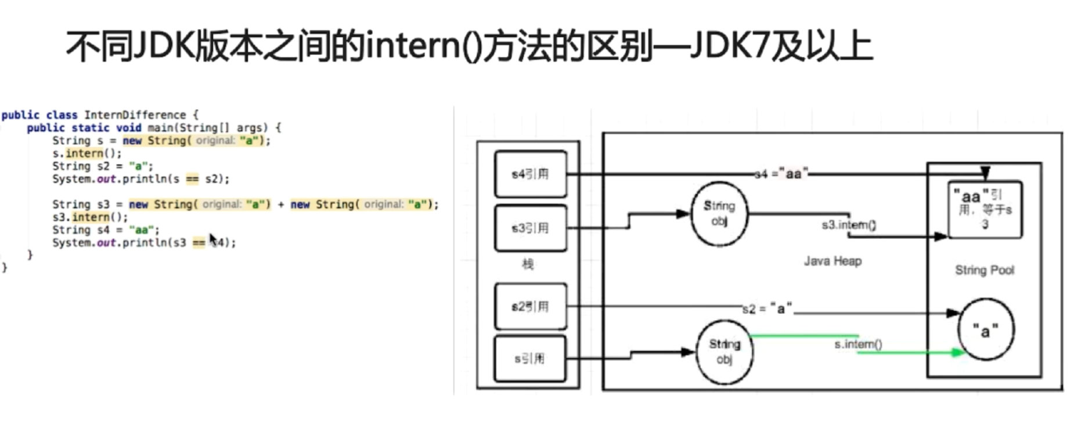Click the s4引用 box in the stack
point(530,174)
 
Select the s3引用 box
point(530,228)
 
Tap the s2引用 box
point(530,307)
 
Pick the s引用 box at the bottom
point(530,359)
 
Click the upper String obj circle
point(719,213)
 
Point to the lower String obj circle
point(724,352)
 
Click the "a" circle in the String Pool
point(985,330)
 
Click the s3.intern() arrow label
point(849,225)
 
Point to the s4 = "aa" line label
point(781,174)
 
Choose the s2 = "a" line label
point(767,309)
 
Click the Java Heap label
point(833,261)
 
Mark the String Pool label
point(985,270)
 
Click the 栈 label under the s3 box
point(528,264)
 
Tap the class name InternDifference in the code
point(135,115)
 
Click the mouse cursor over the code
point(213,239)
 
